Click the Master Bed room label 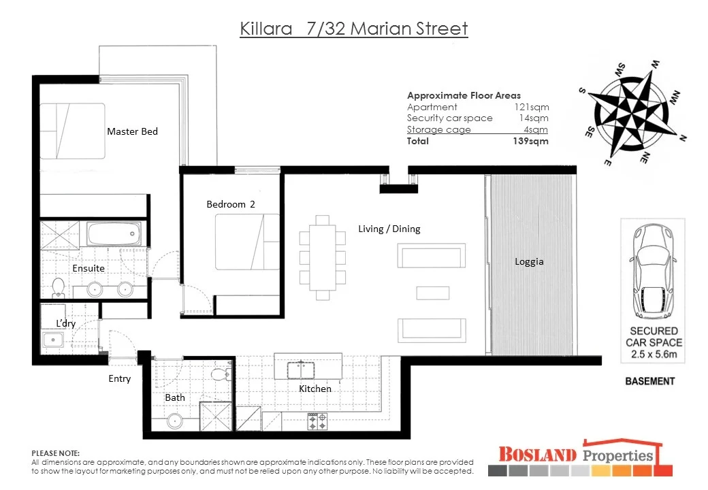pos(132,131)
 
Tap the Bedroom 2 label pos(231,204)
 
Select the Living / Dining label pos(389,229)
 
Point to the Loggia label pos(529,261)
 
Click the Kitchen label pos(315,389)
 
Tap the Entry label pos(119,378)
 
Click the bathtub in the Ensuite pos(114,235)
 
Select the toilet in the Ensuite pos(58,288)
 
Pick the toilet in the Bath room pos(219,374)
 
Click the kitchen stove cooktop pos(317,421)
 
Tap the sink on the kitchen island pos(300,370)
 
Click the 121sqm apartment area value pos(531,107)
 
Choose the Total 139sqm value pos(530,141)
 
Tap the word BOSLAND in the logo pos(537,454)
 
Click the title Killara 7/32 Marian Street pos(354,29)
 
